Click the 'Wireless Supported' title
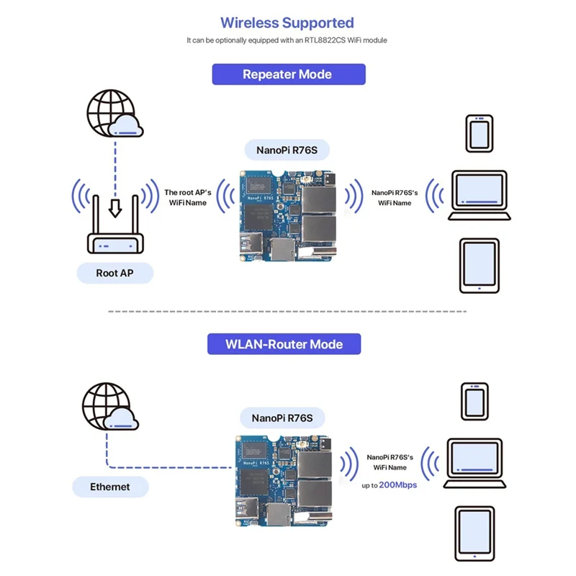287,22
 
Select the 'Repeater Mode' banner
288,74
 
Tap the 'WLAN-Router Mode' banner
285,343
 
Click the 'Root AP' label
115,273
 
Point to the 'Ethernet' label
110,487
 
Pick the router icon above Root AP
115,230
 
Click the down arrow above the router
114,207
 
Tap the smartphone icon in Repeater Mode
479,132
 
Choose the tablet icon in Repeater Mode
478,265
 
